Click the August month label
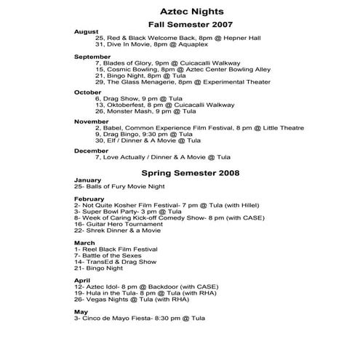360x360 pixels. click(x=86, y=32)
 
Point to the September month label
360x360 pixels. click(x=92, y=56)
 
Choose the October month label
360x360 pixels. click(x=88, y=92)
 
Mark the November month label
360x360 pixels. click(x=92, y=121)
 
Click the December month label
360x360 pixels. click(x=92, y=151)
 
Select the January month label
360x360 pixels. click(x=87, y=180)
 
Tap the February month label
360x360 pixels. click(x=89, y=199)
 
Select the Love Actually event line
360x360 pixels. click(x=156, y=157)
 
